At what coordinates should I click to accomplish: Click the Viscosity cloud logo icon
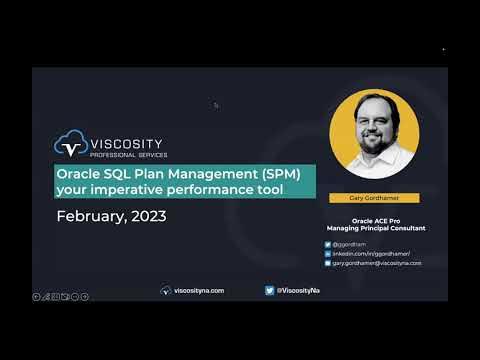click(69, 146)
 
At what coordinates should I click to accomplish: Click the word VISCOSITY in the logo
click(128, 143)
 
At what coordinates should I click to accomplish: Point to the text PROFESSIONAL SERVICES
click(128, 155)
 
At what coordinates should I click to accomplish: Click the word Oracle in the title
click(79, 173)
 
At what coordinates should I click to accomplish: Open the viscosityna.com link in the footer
click(198, 290)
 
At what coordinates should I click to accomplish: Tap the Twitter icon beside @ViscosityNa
click(270, 290)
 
